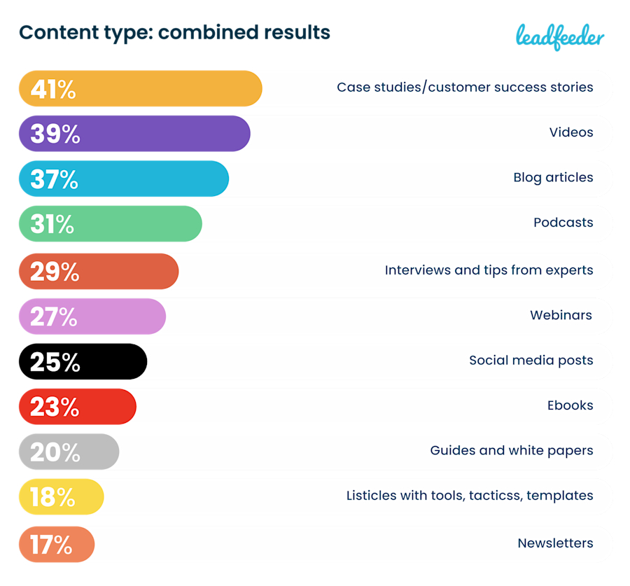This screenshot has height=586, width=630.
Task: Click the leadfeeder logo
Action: coord(559,36)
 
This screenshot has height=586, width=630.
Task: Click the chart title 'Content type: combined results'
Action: coord(174,32)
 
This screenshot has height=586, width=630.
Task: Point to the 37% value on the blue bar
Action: coord(54,179)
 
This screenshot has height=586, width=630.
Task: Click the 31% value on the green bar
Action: coord(52,224)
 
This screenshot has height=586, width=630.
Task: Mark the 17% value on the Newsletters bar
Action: coord(51,544)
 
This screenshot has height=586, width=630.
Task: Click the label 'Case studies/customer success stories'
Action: coord(465,88)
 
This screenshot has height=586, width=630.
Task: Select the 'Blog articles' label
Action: coord(553,177)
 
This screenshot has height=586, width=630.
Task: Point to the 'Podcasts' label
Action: coord(563,223)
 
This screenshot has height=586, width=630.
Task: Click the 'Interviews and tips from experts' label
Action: coord(489,270)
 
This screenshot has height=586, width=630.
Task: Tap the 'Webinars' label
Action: coord(561,315)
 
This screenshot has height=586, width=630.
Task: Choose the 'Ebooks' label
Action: coord(570,405)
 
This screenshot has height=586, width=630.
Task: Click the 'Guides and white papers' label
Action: coord(512,450)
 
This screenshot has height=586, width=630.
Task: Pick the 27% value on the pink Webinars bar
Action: coord(54,316)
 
